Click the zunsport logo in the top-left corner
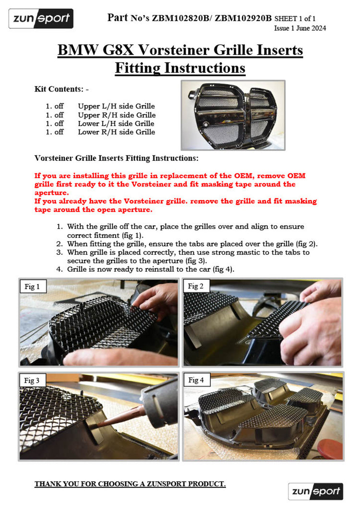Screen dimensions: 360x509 tap(41, 19)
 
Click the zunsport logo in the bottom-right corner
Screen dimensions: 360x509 tap(315, 491)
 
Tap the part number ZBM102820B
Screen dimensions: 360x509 tap(180, 18)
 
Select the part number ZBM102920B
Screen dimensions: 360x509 tap(243, 18)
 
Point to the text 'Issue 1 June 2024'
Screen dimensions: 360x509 tap(300, 28)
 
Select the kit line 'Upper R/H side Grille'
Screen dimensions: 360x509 tap(117, 115)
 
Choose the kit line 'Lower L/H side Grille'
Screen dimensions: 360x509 tap(116, 123)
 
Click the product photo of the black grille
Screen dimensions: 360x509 tap(233, 115)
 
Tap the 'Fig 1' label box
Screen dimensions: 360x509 tap(32, 286)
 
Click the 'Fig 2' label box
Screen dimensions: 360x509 tap(195, 286)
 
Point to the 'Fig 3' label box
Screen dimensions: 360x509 tap(32, 380)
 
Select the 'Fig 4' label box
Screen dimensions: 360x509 tap(196, 380)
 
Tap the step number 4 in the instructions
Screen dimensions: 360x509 tap(59, 270)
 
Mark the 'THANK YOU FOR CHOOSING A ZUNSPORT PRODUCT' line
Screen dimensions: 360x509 tap(130, 484)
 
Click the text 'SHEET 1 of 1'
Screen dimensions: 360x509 tap(295, 19)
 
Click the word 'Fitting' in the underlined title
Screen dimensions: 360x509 tap(138, 68)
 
